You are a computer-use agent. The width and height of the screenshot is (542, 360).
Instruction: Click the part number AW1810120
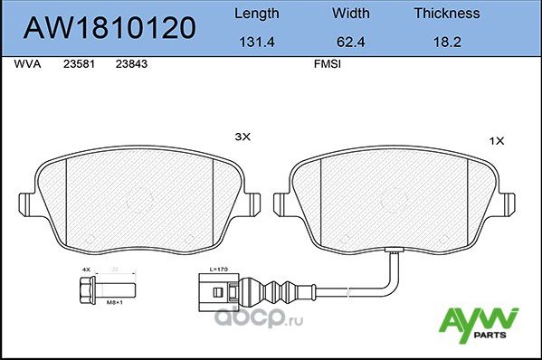point(108,28)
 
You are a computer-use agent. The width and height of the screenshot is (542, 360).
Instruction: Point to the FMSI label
point(326,65)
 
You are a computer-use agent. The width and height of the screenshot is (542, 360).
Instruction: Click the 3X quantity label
point(242,137)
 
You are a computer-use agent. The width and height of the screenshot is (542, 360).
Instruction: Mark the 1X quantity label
point(496,142)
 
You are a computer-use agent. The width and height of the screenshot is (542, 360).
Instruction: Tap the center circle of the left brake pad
point(140,199)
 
